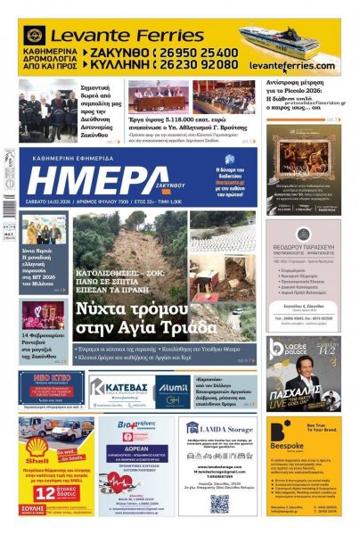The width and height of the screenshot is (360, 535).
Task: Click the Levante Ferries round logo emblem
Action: [x=35, y=36]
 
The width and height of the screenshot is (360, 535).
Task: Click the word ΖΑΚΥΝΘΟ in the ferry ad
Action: [x=113, y=53]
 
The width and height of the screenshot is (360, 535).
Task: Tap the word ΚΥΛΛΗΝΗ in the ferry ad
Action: [x=113, y=65]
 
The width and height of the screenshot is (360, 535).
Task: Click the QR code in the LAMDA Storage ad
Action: [x=218, y=504]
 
